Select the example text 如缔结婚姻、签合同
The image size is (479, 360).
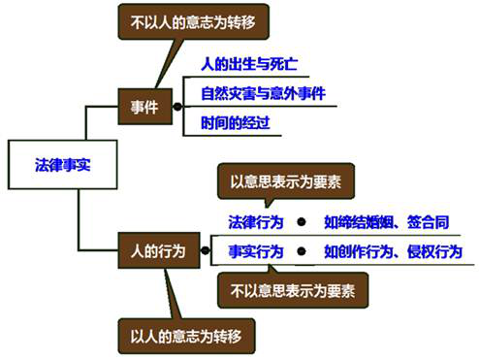(386, 221)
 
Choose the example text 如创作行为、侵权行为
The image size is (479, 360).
(394, 250)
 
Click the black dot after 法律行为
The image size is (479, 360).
(304, 221)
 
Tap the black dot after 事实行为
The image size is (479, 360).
(304, 250)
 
